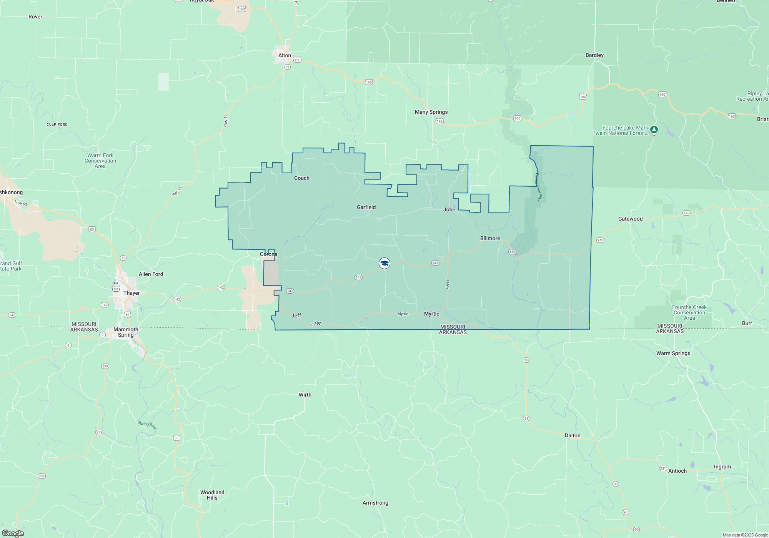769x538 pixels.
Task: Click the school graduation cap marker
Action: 384,263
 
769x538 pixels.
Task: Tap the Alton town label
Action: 285,55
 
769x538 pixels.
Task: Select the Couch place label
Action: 301,178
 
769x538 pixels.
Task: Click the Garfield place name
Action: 366,207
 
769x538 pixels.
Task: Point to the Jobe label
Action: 449,209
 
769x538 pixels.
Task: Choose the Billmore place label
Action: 490,238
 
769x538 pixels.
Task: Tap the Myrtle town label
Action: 431,314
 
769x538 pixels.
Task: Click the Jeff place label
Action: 296,315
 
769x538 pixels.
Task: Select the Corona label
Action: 268,254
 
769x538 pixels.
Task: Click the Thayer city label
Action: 131,293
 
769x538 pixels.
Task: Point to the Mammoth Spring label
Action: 126,332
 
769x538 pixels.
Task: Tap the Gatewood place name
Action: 630,219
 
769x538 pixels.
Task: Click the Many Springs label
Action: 431,112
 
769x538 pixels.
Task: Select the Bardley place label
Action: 594,55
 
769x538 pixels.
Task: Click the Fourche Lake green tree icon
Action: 654,130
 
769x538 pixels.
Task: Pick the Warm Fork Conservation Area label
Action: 100,161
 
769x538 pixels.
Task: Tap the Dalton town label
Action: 573,435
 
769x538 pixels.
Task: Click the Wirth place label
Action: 305,395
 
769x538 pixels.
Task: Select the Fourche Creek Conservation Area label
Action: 689,312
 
